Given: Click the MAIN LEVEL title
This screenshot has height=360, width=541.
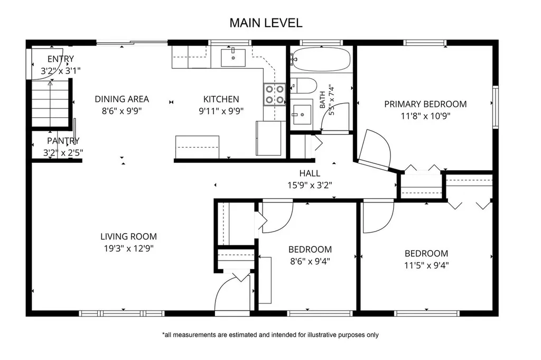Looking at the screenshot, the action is tap(266, 23).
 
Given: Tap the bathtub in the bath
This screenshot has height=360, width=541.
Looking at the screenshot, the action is tap(321, 59).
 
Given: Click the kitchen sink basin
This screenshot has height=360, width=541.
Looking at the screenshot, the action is tap(233, 58).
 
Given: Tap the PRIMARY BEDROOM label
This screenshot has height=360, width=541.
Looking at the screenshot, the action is tap(425, 104).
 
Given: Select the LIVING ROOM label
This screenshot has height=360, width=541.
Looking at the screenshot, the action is tap(129, 236).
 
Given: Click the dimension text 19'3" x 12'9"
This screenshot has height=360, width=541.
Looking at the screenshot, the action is tap(129, 248).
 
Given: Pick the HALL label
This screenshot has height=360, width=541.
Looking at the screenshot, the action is tap(310, 173).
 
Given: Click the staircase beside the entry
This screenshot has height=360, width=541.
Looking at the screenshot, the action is tap(51, 103).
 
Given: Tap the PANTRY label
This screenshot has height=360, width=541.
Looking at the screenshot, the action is tap(63, 141).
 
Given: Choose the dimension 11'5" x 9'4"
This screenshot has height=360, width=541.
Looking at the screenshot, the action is tap(426, 265).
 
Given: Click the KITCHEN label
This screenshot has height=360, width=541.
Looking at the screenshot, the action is tap(221, 99).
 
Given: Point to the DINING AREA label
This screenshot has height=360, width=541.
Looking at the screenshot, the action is tap(122, 99).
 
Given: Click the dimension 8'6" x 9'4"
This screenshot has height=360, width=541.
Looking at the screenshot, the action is tap(310, 261).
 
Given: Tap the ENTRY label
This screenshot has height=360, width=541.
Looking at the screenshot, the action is tap(61, 59).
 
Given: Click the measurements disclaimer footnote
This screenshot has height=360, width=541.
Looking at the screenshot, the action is tap(270, 335).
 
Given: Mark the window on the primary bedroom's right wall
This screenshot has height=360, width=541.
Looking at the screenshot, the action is tap(496, 107).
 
